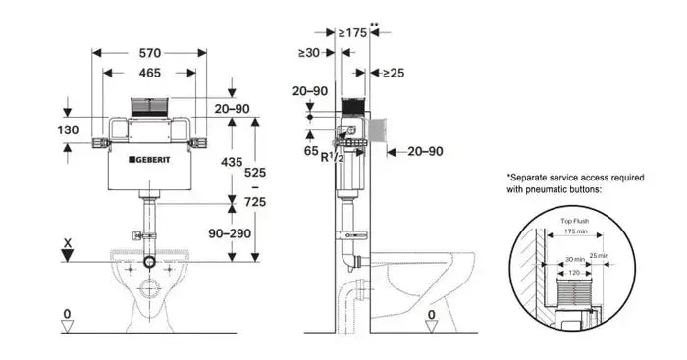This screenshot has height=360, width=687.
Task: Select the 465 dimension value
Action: tap(150, 73)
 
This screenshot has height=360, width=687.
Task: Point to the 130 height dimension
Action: tap(67, 130)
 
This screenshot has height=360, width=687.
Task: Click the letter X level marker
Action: tap(67, 240)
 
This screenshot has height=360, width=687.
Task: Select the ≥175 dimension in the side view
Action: tap(352, 33)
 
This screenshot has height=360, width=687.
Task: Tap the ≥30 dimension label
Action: tap(311, 53)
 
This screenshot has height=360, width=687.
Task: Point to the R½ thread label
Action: tap(334, 157)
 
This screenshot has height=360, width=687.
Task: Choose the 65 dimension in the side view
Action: tap(310, 152)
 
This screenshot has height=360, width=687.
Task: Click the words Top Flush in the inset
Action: tap(575, 223)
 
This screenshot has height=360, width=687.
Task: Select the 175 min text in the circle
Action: tap(575, 232)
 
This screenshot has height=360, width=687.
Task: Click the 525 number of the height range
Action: tap(255, 172)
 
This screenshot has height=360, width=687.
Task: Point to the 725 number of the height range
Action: tap(255, 201)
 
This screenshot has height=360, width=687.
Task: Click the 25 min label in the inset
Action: tap(598, 256)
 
